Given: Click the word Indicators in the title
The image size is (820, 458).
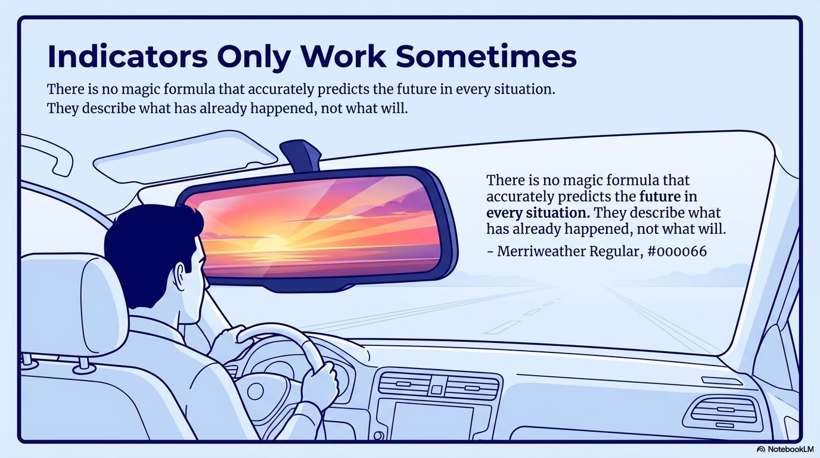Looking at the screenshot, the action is coord(128,57).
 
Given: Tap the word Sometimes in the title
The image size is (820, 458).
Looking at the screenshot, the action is coord(486,57).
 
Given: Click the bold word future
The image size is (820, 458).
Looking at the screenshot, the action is coord(660,196).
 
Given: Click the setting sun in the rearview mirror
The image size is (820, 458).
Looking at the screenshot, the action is coord(273,243).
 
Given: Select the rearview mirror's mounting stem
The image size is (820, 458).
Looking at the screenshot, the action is coord(301,156).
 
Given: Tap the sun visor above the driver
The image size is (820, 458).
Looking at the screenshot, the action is coord(185,157).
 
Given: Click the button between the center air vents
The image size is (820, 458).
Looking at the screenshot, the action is coord(436,389).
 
